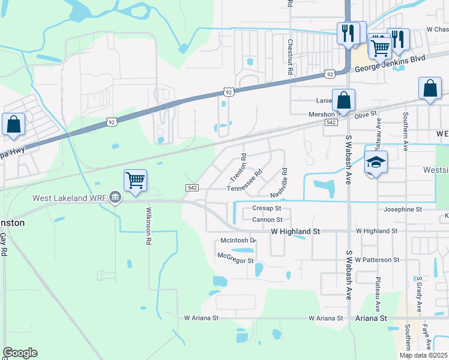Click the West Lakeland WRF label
click(69, 198)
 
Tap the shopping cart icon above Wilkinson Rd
click(136, 180)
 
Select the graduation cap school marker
click(375, 162)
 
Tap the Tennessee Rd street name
click(245, 181)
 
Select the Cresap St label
click(267, 208)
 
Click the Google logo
click(20, 353)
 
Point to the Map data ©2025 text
click(423, 355)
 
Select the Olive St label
click(366, 113)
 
